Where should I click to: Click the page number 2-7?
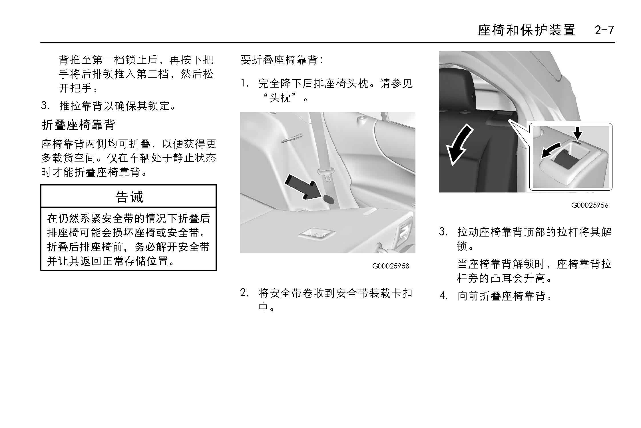coord(604,30)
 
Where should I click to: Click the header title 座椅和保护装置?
coord(527,30)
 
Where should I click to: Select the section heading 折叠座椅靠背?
coord(79,125)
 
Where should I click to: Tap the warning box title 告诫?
coord(129,197)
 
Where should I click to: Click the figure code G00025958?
coord(391,266)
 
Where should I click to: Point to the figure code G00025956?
coord(590,205)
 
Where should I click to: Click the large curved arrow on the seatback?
coord(459,144)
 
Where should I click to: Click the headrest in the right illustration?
coord(457,88)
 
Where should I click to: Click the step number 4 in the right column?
coord(443,296)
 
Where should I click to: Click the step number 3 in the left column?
coord(45,106)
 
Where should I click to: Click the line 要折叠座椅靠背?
coord(282,60)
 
